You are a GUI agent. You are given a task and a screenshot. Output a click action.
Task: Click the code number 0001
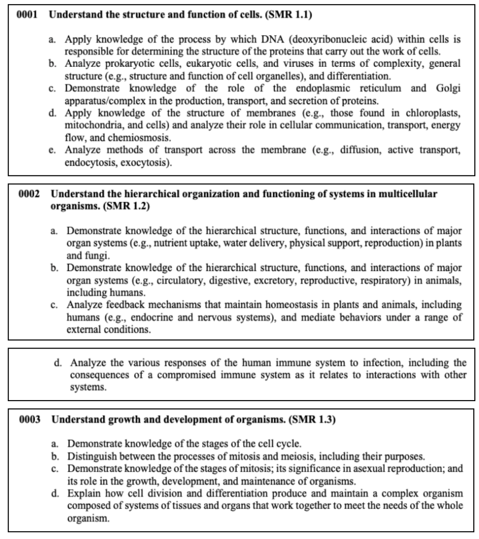click(x=27, y=15)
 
